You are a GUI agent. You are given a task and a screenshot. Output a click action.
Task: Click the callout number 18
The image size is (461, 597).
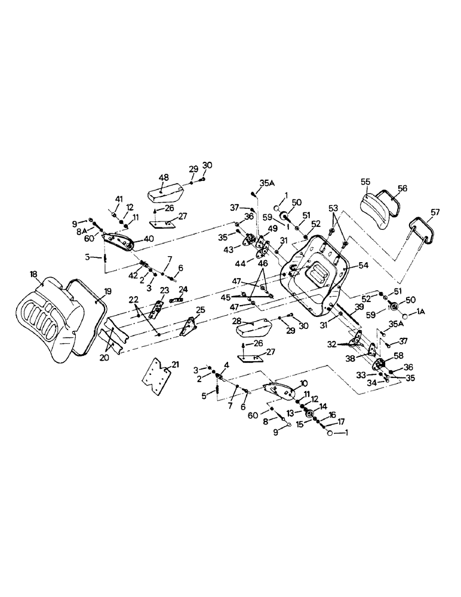pyautogui.click(x=34, y=275)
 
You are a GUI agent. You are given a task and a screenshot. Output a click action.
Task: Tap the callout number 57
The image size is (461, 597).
pyautogui.click(x=434, y=213)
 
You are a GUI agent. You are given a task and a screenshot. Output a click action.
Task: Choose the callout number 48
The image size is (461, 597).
pyautogui.click(x=163, y=177)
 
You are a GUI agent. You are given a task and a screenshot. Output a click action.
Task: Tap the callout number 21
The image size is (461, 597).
pyautogui.click(x=176, y=364)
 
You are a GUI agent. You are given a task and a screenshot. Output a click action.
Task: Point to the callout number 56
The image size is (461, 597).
pyautogui.click(x=401, y=187)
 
